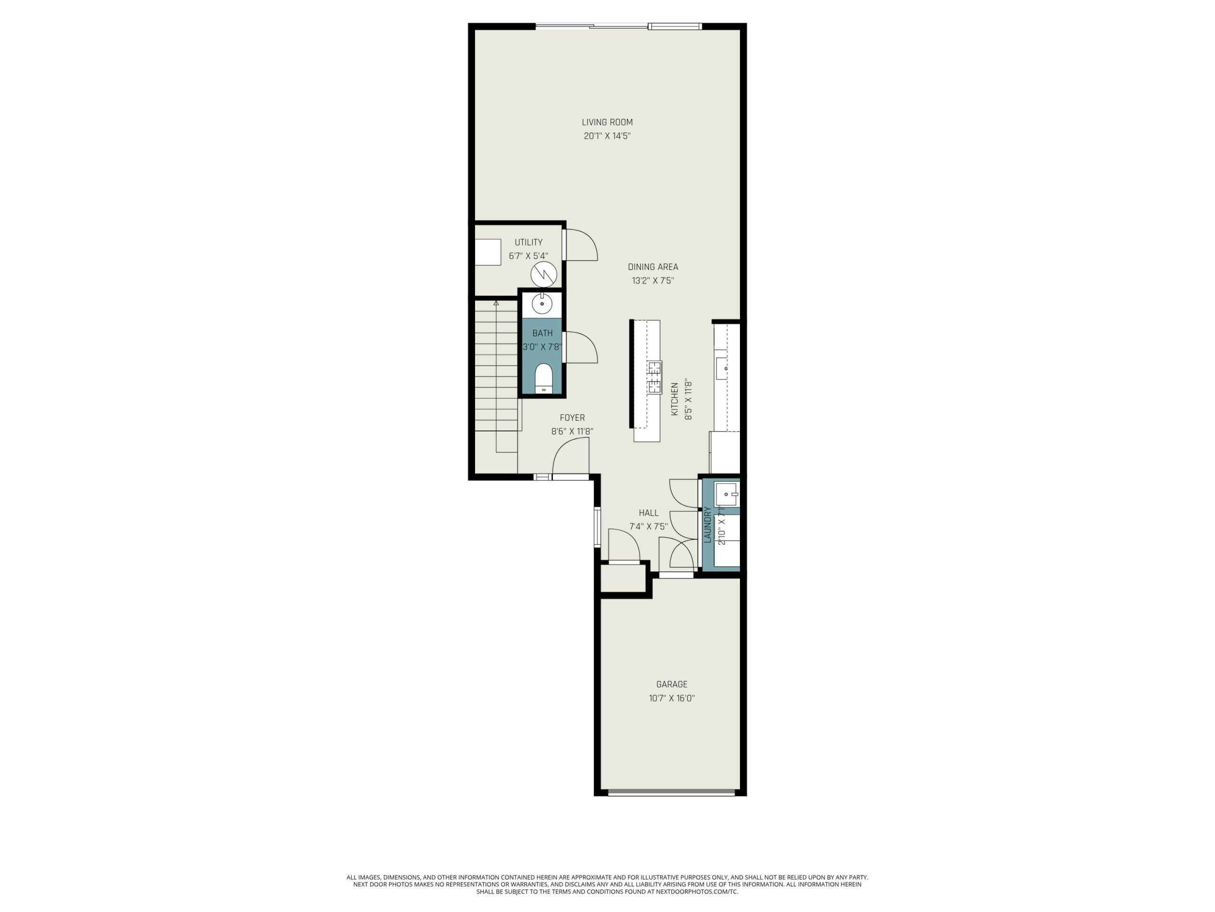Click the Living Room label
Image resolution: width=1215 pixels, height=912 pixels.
(607, 122)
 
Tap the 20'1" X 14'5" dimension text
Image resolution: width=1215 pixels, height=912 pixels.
(607, 136)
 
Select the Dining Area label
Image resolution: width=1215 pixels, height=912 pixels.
(653, 266)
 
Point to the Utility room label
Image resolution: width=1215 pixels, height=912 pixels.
(528, 242)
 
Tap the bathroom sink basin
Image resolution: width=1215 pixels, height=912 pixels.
(542, 304)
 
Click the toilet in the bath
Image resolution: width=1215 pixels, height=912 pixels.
(543, 378)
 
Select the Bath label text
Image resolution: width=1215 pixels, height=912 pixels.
(542, 333)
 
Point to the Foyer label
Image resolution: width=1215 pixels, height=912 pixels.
(572, 418)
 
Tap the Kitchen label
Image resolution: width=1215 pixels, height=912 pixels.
(675, 399)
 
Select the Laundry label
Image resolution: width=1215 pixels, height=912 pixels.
(708, 525)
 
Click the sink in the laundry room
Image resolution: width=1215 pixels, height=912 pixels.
(727, 495)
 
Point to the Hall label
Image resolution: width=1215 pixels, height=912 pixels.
(648, 513)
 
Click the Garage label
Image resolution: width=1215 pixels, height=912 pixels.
(671, 684)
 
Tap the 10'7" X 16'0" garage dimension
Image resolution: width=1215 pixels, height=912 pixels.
(671, 699)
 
